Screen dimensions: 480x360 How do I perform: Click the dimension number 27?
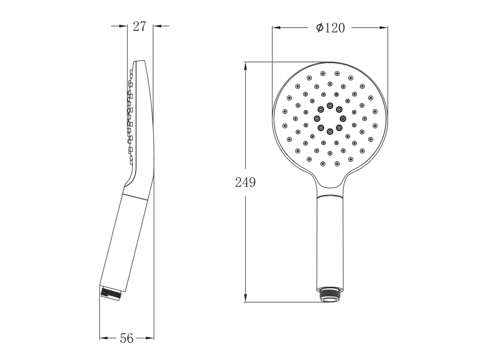click(140, 26)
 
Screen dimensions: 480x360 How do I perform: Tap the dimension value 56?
click(127, 338)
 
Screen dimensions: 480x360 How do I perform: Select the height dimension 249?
click(245, 182)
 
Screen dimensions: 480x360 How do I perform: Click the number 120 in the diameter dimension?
click(334, 28)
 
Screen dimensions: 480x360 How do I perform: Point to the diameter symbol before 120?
click(320, 28)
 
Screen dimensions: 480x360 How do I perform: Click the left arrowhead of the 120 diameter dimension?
click(277, 28)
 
